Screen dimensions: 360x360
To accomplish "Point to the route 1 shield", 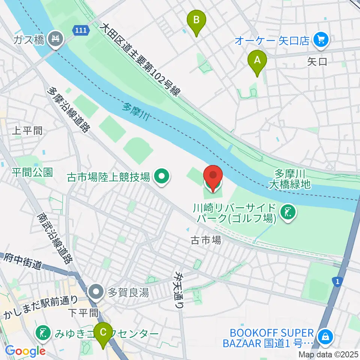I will (338, 280).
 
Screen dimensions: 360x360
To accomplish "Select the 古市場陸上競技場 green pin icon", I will (162, 177).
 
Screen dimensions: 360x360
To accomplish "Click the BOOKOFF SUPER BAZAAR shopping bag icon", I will (324, 337).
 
